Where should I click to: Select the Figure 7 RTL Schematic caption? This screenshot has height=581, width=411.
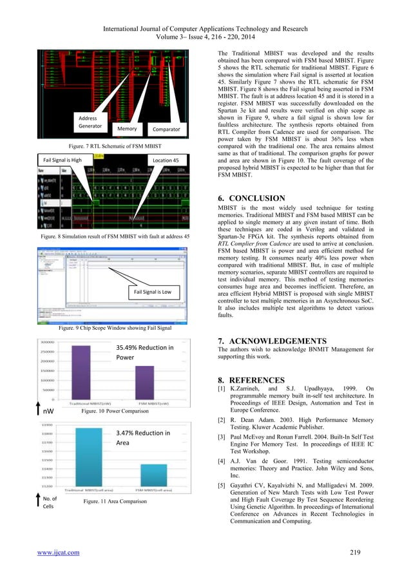(x=115, y=146)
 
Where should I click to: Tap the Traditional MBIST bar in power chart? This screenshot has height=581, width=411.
(x=81, y=370)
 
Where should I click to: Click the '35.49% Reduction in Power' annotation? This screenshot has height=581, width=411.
(x=145, y=353)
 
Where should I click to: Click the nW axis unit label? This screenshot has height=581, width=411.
(x=49, y=409)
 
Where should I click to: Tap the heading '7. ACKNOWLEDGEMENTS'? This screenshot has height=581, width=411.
(x=273, y=340)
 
